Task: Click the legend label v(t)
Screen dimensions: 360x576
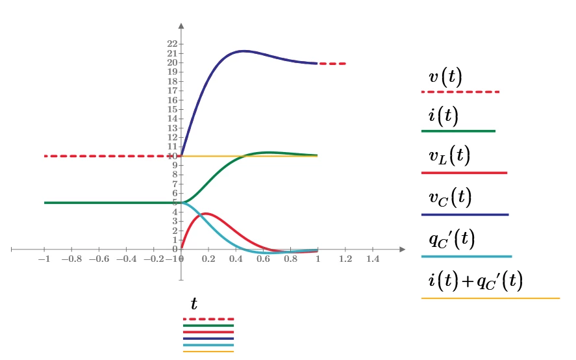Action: (x=445, y=77)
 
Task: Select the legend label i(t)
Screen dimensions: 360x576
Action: (x=443, y=116)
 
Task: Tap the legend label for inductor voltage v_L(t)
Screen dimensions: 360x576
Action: (x=449, y=157)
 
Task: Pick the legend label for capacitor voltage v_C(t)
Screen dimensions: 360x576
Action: (x=449, y=198)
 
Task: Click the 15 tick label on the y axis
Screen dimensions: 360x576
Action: (x=173, y=109)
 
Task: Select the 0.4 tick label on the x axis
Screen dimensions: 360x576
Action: (x=236, y=259)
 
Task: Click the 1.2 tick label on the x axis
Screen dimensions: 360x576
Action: (x=345, y=259)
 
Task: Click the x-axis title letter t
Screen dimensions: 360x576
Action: (x=194, y=304)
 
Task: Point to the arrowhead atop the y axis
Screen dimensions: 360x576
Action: (x=181, y=27)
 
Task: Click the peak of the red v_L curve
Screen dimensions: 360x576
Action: (x=205, y=213)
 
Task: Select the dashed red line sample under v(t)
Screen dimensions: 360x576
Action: (x=460, y=92)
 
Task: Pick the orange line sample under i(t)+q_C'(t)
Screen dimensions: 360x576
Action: (x=490, y=298)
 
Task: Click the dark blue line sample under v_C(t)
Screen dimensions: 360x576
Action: (x=464, y=214)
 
